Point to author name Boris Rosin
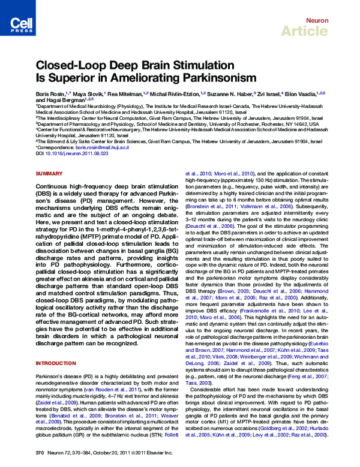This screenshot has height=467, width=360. tap(52, 94)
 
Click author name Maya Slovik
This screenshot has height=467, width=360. tap(88, 94)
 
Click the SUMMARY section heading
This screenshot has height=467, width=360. tap(49, 173)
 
